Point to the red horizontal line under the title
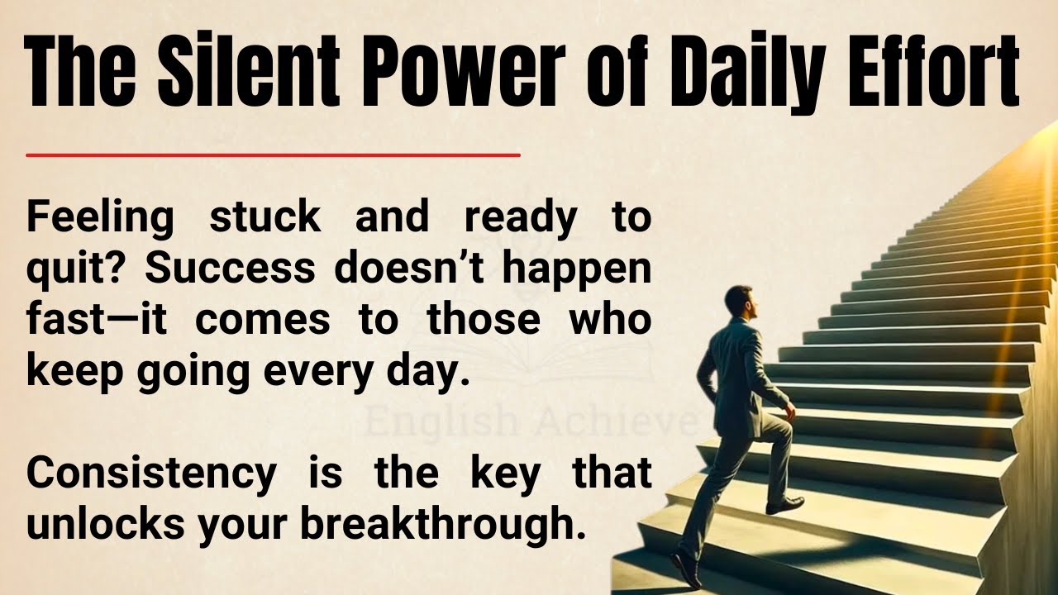click(x=273, y=155)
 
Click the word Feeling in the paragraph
click(x=100, y=217)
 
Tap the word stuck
click(x=264, y=217)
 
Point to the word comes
click(x=262, y=320)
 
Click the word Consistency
click(x=151, y=474)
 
